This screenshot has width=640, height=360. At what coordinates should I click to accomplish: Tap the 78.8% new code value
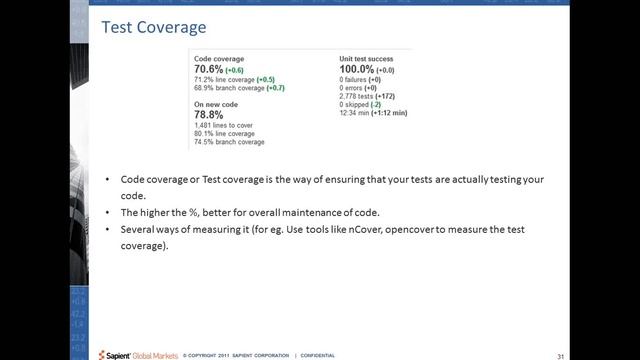pos(208,114)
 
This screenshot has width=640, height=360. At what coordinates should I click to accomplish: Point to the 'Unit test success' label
pos(368,59)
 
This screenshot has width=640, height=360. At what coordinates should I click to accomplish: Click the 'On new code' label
pos(217,104)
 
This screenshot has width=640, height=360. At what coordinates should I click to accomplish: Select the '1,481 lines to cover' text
pos(222,124)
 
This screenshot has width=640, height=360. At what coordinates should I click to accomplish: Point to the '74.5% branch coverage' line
pos(229,142)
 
